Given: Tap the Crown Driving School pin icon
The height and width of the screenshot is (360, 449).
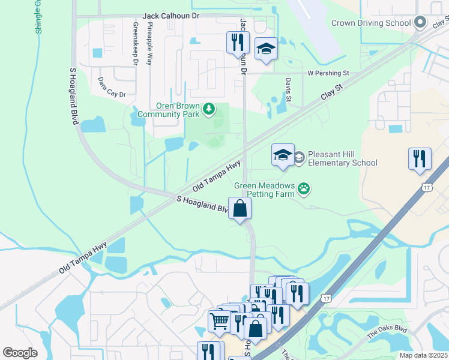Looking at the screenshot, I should tap(420, 23).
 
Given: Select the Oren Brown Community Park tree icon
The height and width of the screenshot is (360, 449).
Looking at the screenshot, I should tap(208, 109).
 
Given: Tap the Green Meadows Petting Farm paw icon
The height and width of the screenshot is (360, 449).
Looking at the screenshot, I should tap(305, 190).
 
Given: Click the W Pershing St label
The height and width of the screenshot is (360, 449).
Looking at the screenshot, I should tap(328, 73).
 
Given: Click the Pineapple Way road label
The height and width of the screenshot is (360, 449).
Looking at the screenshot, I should tap(149, 44).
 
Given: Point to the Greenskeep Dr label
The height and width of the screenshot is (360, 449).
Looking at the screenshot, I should tap(136, 43).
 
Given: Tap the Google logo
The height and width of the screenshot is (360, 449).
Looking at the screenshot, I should tap(20, 353).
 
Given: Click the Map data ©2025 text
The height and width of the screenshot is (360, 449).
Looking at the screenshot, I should tap(423, 355).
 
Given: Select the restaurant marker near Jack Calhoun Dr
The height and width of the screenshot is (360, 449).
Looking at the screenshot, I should tap(238, 42).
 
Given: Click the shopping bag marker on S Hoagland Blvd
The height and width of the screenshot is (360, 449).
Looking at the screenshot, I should tap(240, 209).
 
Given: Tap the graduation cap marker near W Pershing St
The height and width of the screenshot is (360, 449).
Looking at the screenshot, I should tap(266, 49).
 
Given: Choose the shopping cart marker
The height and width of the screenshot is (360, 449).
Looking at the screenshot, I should tap(218, 320).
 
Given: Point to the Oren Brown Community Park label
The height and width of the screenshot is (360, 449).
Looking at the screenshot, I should tap(169, 109).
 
